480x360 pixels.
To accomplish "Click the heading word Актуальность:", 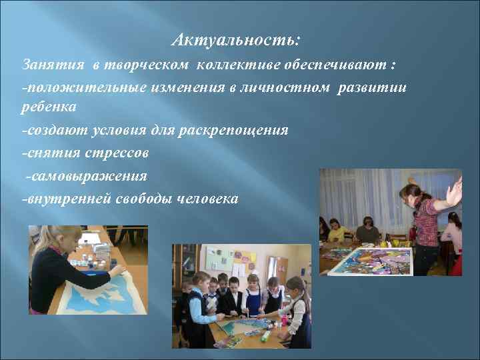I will click(236, 41).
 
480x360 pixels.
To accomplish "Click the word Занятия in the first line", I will click(53, 66).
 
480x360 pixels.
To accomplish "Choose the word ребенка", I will click(49, 107).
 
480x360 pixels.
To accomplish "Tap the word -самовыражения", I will click(86, 176).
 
